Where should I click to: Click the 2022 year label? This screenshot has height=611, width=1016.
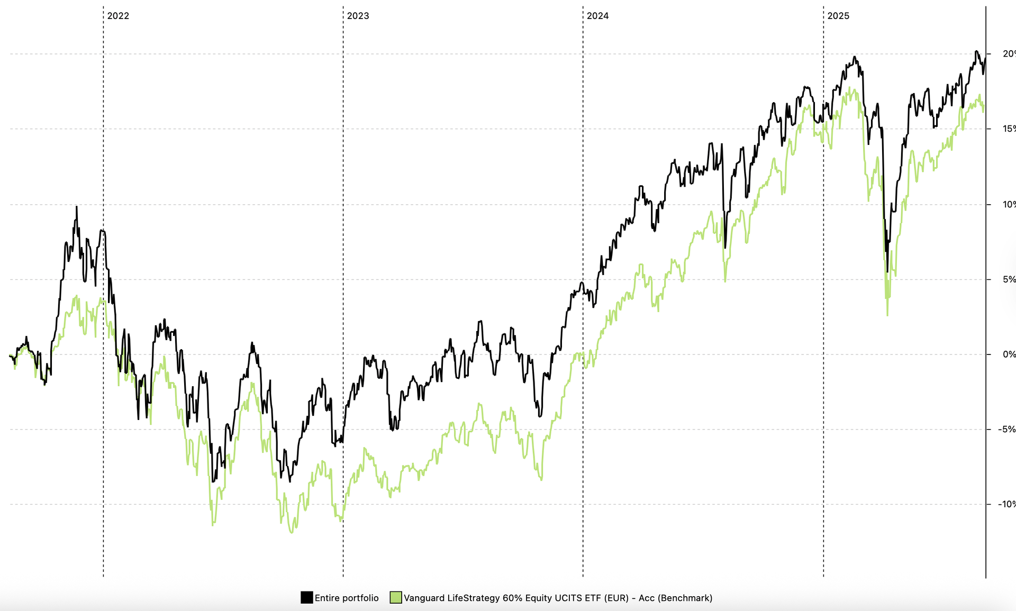click(x=118, y=16)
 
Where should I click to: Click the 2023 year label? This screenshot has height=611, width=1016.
click(x=358, y=16)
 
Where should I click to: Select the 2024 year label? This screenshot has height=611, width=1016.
click(x=597, y=16)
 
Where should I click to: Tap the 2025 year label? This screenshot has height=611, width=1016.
click(x=838, y=16)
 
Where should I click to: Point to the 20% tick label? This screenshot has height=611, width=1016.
click(x=1008, y=54)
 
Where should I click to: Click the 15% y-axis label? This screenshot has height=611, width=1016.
click(x=1008, y=129)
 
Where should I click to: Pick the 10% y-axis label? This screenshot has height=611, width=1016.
click(x=1008, y=205)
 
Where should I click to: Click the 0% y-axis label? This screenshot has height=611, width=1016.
click(x=1009, y=354)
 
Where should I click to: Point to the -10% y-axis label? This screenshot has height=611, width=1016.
click(x=1005, y=505)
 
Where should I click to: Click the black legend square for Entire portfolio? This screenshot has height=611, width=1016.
click(x=306, y=598)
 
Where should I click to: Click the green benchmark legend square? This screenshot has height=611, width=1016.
click(x=396, y=598)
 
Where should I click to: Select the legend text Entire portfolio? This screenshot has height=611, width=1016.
click(x=347, y=598)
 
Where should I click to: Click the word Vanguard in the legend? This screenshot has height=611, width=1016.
click(x=424, y=598)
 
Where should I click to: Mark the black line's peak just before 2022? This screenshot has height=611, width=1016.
click(x=76, y=207)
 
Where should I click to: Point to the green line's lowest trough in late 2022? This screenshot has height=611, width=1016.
click(x=292, y=532)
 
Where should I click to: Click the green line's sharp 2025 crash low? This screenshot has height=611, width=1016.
click(x=887, y=315)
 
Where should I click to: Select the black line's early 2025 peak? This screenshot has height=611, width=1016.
click(x=854, y=57)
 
